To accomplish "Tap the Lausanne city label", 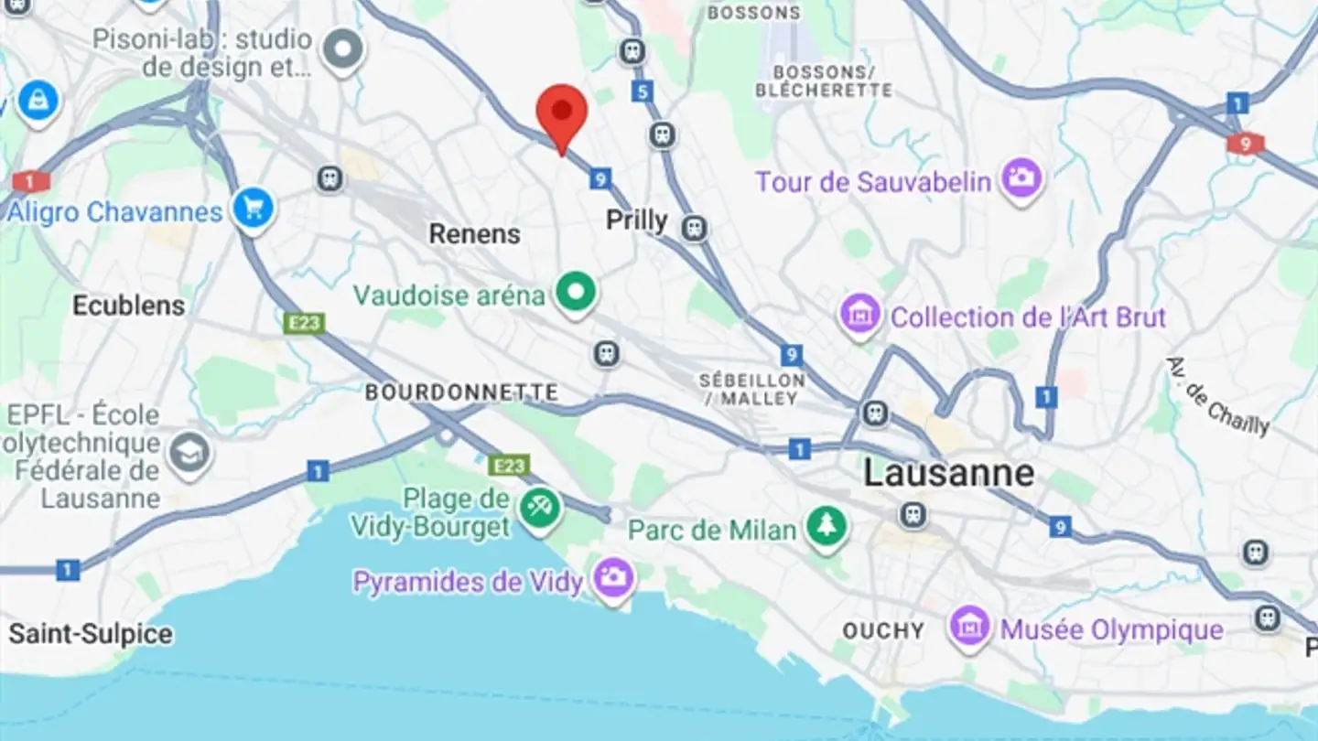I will point(949,473).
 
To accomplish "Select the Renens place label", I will point(474,234).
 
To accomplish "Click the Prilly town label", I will point(637,220).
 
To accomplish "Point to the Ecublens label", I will point(129,306).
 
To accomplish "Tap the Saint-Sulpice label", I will point(91,634).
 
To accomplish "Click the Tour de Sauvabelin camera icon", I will point(1021,178).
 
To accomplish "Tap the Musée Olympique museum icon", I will point(970,628).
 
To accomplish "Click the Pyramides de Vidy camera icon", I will point(613,578).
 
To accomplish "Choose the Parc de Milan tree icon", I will point(826,527).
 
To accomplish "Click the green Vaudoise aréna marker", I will point(576,294).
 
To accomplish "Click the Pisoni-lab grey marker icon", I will point(345,49).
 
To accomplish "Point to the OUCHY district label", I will point(883,631).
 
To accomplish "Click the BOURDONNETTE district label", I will point(461,392).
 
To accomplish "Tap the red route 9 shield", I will point(1245,144).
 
